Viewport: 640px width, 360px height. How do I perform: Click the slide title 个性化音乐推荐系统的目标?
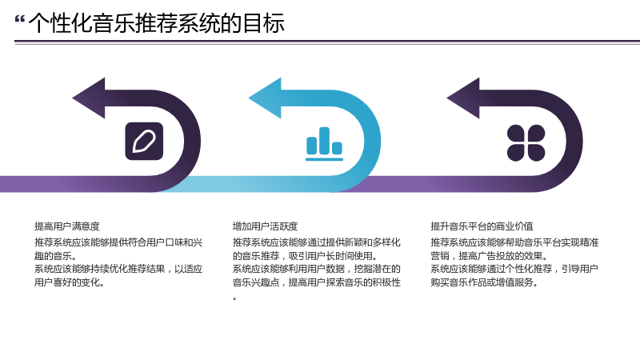tap(156, 23)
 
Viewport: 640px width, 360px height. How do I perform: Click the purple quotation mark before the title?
tap(19, 19)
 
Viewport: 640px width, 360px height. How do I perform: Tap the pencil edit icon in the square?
tap(144, 142)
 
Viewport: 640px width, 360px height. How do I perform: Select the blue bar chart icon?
tap(325, 144)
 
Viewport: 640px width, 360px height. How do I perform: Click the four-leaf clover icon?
tap(526, 143)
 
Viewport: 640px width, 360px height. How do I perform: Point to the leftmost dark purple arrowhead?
tap(89, 98)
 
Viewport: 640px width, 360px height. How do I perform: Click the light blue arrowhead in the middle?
tap(265, 98)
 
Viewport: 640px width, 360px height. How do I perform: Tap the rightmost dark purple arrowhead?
tap(463, 98)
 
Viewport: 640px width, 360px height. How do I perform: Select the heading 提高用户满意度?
tap(67, 226)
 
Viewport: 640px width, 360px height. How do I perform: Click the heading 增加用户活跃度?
tap(266, 226)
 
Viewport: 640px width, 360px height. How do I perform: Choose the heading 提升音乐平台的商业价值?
tap(482, 226)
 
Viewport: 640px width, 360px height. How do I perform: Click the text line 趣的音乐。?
tap(56, 256)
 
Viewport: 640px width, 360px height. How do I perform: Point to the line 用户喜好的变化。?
tap(70, 282)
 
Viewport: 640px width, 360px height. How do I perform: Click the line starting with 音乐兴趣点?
tap(317, 282)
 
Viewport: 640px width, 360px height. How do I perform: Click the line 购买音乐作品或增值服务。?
tap(485, 282)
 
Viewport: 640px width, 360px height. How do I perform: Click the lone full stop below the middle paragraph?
tap(234, 299)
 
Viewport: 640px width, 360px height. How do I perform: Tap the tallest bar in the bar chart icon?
tap(325, 141)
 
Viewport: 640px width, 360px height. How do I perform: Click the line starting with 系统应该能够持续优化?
tap(118, 269)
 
